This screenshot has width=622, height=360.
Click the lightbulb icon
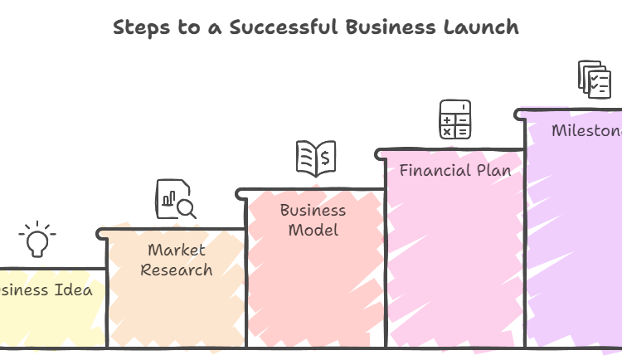[36, 240]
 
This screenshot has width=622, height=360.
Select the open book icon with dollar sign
[315, 158]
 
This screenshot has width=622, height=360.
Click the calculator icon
[454, 119]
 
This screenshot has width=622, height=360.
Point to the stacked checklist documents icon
[594, 79]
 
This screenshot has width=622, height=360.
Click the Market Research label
[176, 260]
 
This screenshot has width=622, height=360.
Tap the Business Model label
[313, 220]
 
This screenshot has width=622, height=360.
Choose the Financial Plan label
[454, 171]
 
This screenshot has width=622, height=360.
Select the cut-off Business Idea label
[46, 290]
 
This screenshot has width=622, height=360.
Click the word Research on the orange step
[176, 270]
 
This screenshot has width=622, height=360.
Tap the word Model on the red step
[313, 230]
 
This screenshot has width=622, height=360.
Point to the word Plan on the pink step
[493, 171]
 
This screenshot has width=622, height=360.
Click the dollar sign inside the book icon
[326, 156]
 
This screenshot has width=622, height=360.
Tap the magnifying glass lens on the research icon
[185, 206]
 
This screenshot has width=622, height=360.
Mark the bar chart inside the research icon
[169, 199]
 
